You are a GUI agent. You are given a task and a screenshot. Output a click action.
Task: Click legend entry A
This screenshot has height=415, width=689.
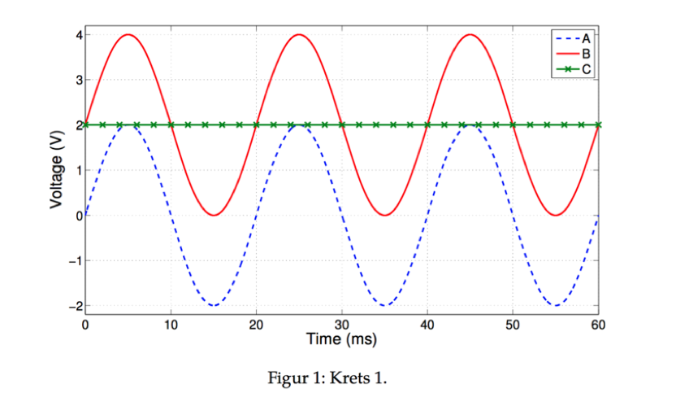point(585,37)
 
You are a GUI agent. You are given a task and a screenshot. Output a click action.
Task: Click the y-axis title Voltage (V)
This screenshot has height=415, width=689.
point(57,169)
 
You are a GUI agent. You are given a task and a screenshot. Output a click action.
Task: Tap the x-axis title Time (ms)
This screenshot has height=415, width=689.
point(341,339)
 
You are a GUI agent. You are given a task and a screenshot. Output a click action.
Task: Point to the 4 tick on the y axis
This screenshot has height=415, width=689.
point(79,35)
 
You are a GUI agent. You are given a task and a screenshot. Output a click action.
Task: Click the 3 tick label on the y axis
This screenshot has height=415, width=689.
point(79,80)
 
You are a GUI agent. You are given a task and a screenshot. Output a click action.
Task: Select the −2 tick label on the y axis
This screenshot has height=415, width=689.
point(76,306)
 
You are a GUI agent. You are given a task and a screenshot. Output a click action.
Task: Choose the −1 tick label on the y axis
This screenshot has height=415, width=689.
point(76,260)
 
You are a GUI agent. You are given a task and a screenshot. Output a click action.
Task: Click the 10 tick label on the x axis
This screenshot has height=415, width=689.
point(171,325)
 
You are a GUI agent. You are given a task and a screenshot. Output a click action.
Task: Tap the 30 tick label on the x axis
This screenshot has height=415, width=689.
point(342,325)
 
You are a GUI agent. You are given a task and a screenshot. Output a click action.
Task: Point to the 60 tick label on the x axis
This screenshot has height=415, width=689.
point(598,325)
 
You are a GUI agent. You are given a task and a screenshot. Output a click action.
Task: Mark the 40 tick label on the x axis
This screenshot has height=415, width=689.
point(427,325)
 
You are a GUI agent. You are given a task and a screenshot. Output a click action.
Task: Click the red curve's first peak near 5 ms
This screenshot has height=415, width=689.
point(128,34)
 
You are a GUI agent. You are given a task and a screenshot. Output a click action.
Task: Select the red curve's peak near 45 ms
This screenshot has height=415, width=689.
point(470,34)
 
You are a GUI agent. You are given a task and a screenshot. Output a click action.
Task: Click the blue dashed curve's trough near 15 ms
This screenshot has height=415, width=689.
point(214,305)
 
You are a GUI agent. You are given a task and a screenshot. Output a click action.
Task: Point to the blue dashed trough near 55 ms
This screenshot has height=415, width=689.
point(556,305)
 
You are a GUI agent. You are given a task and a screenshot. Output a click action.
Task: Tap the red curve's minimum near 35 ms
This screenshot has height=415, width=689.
point(385,215)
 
